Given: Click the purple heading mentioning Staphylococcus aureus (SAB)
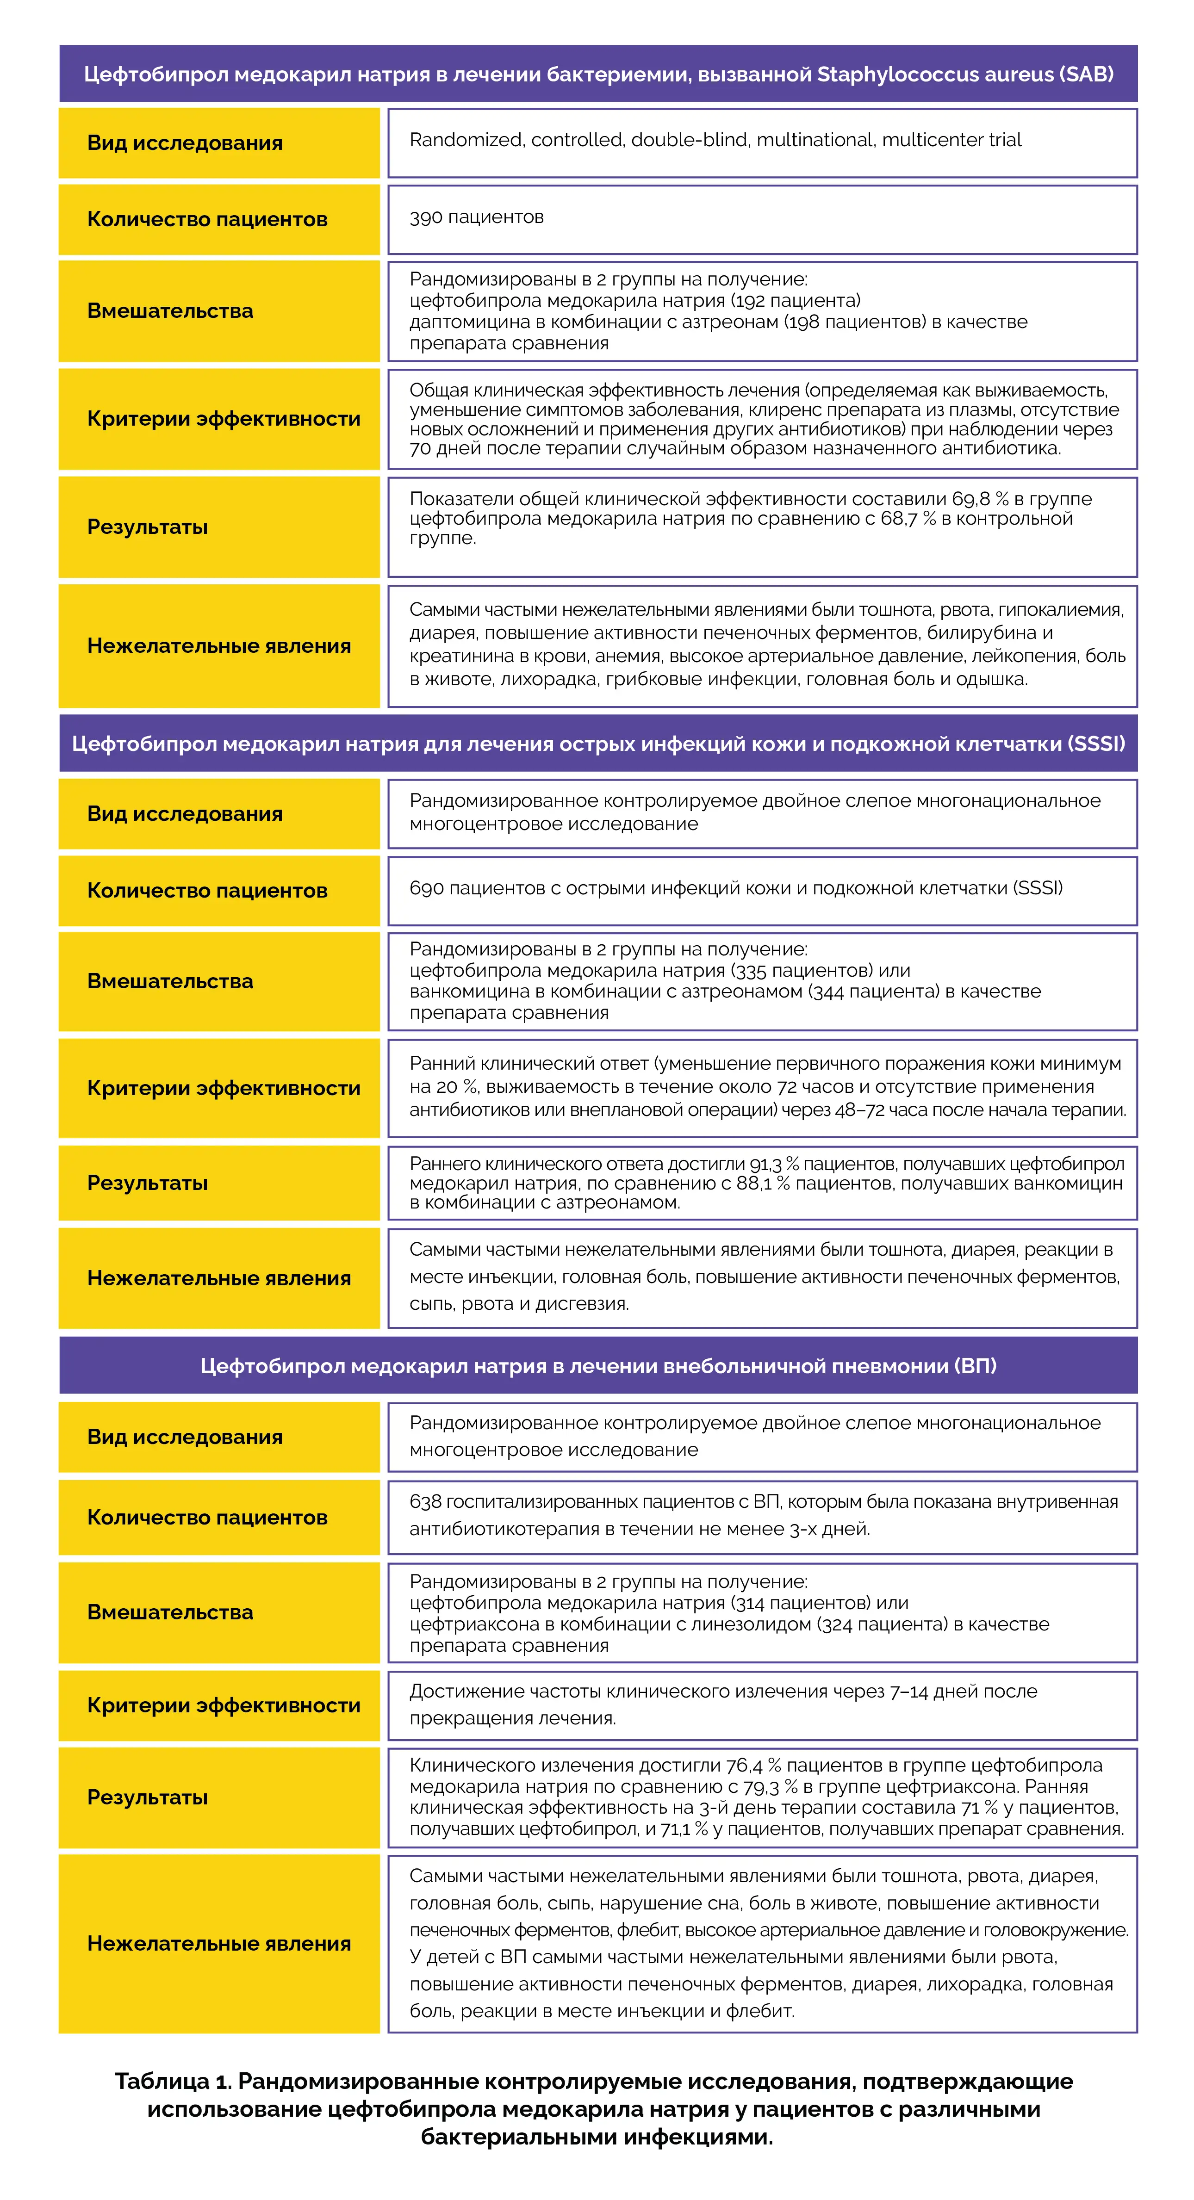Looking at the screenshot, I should click(598, 74).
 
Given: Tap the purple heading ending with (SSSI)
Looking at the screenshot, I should click(598, 744).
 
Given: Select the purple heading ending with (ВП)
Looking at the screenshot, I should click(598, 1366).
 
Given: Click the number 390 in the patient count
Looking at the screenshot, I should click(426, 217).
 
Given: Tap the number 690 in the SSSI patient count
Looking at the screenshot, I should click(426, 888).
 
